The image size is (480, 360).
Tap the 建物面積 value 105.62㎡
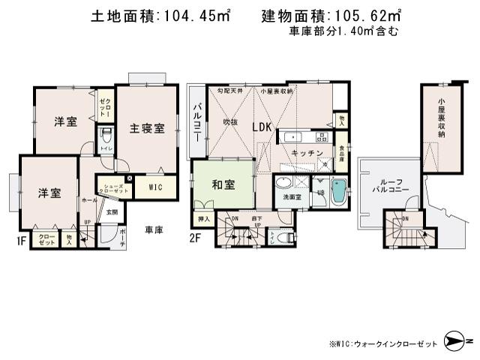click(370, 16)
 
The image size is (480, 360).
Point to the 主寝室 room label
click(146, 127)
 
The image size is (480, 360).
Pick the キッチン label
click(307, 153)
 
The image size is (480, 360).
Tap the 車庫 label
click(154, 229)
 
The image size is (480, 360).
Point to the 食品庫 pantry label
click(341, 142)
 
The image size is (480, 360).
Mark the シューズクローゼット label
click(115, 188)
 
